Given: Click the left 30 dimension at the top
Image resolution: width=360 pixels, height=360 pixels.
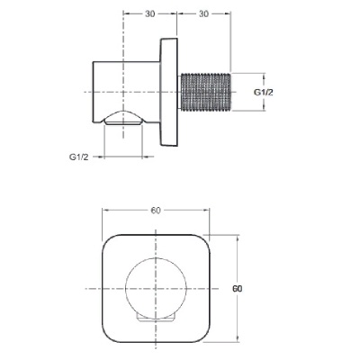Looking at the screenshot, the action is click(x=150, y=13).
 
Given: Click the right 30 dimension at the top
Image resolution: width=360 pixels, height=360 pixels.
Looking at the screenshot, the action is click(x=203, y=13).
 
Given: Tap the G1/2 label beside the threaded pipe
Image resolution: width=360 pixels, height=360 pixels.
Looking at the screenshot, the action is click(x=264, y=93).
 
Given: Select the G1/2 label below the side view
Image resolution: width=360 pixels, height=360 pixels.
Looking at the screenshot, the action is click(x=79, y=157).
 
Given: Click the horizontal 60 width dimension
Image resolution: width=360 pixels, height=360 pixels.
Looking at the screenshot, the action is click(x=156, y=211).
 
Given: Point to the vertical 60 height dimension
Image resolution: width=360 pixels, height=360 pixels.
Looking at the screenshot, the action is click(x=238, y=289).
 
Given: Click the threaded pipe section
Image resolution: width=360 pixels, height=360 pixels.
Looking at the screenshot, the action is click(x=204, y=92).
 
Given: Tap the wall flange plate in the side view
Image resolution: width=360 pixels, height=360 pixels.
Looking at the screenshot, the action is click(x=168, y=92).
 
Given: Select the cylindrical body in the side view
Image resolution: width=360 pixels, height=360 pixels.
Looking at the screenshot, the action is click(x=126, y=92).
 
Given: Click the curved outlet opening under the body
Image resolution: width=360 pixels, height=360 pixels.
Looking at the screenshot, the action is click(x=122, y=118).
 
